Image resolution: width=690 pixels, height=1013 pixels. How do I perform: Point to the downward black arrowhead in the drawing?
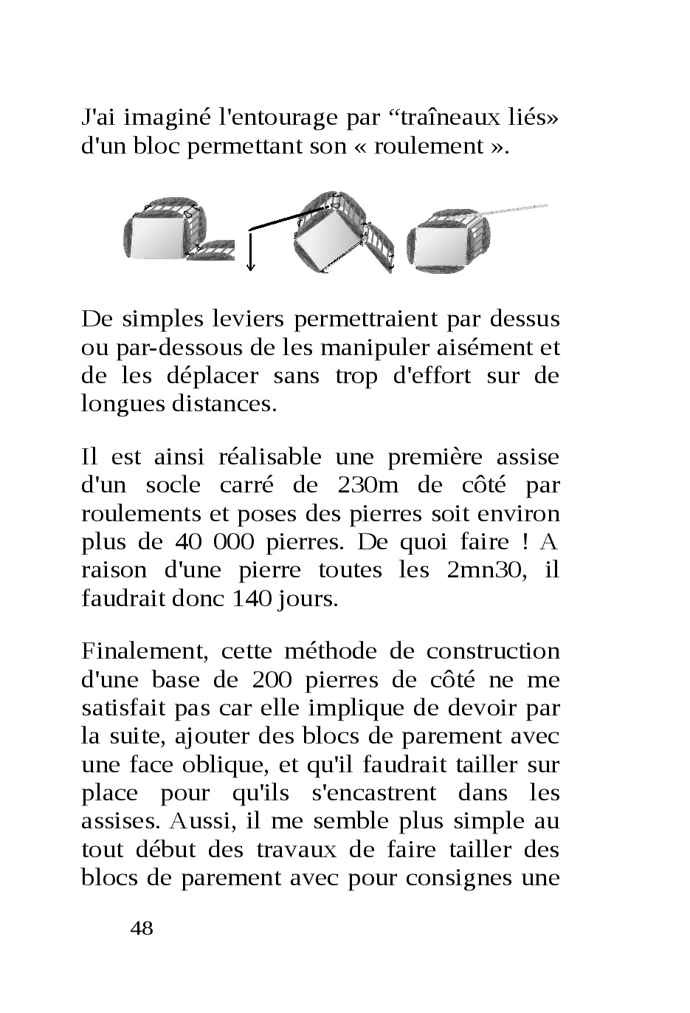coord(251,267)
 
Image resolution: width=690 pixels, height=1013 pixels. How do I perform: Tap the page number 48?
coord(142,928)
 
